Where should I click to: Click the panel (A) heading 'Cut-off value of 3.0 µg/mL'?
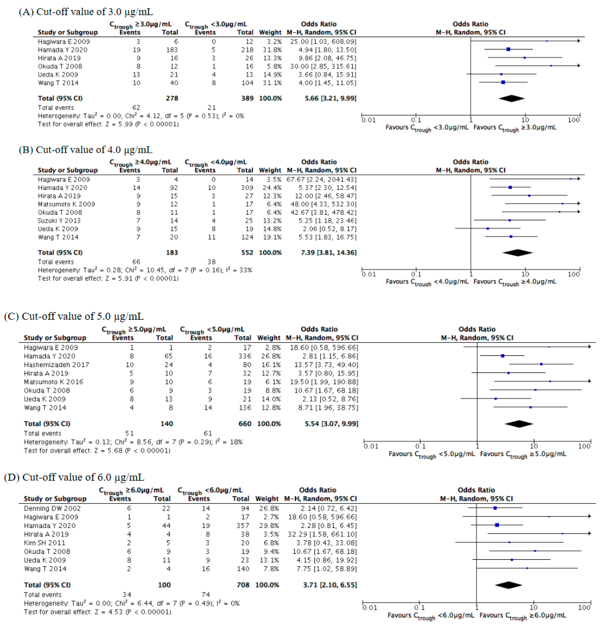86,12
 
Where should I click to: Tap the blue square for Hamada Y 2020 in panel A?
508,49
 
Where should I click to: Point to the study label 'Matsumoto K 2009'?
66,204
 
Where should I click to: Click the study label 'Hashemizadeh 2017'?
56,365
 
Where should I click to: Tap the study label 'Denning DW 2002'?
52,508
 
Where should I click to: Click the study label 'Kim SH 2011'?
44,543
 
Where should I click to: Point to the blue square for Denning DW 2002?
495,508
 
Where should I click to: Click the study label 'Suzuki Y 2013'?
59,221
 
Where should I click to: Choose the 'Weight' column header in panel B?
270,170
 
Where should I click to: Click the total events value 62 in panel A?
136,108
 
